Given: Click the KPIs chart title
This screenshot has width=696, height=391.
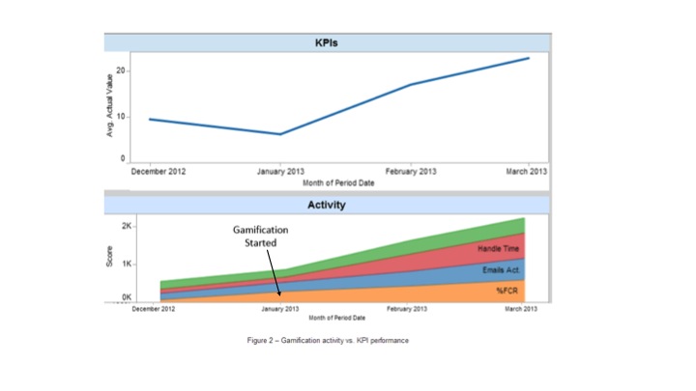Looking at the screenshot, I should pyautogui.click(x=329, y=44).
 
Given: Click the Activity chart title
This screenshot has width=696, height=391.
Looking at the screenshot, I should pyautogui.click(x=328, y=205).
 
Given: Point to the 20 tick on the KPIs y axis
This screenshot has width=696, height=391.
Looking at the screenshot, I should pyautogui.click(x=122, y=70).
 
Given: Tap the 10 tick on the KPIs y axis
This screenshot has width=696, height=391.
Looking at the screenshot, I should pyautogui.click(x=122, y=115).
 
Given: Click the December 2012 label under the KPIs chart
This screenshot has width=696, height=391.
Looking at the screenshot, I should pyautogui.click(x=159, y=171).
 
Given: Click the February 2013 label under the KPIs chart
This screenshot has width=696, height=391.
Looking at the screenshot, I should pyautogui.click(x=410, y=171).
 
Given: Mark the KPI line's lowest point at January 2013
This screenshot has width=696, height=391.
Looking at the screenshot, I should pyautogui.click(x=279, y=134).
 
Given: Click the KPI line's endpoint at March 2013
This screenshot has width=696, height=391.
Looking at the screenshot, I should pyautogui.click(x=529, y=58).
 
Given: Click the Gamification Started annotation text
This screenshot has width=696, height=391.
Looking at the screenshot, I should pyautogui.click(x=261, y=237).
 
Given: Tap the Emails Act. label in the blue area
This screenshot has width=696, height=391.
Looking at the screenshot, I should pyautogui.click(x=502, y=269).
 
